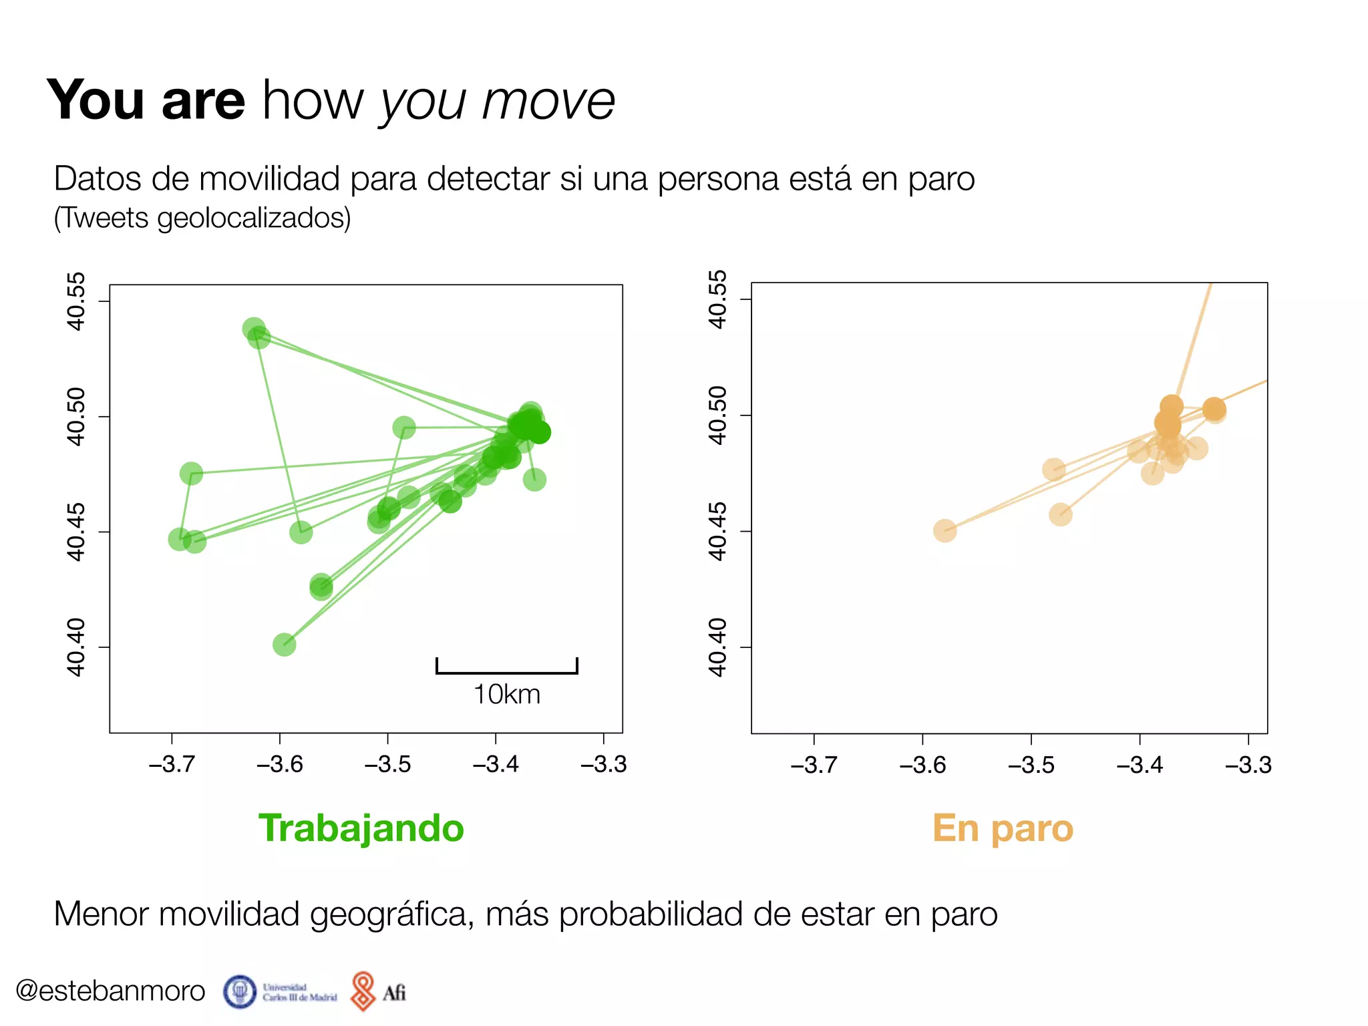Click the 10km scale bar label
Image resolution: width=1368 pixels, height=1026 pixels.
click(506, 695)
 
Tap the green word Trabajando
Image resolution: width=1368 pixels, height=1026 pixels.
click(361, 828)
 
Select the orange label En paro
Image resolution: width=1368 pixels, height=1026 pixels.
click(1002, 828)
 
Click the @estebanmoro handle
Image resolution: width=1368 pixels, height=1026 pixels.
click(110, 991)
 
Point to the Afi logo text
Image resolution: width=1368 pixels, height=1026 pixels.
click(394, 993)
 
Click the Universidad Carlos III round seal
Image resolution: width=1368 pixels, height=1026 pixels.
click(240, 992)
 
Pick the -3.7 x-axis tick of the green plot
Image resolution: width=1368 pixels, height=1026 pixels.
click(172, 763)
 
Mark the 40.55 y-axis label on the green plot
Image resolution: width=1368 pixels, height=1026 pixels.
click(76, 301)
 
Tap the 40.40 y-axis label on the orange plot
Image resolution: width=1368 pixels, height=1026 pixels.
click(717, 647)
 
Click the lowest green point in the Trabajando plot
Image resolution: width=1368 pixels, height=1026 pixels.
click(284, 645)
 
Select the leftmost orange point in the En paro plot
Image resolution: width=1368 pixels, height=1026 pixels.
click(945, 531)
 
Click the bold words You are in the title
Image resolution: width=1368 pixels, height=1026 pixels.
click(146, 100)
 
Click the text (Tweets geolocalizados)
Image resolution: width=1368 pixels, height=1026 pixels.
click(202, 218)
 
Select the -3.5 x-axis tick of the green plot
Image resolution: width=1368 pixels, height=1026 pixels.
click(387, 763)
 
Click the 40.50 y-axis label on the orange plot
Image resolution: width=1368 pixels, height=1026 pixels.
click(717, 415)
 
